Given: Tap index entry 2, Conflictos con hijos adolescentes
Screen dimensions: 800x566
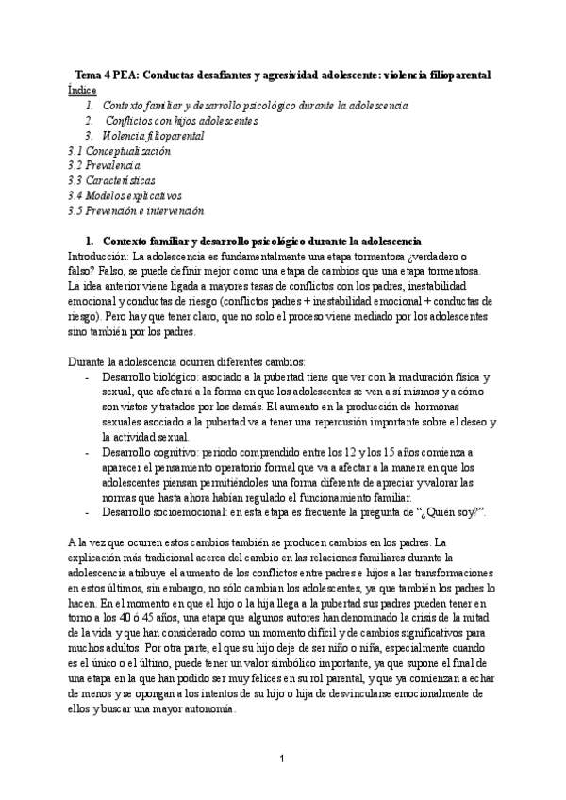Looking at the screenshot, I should pyautogui.click(x=181, y=121).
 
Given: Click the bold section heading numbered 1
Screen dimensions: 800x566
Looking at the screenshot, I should pyautogui.click(x=253, y=241).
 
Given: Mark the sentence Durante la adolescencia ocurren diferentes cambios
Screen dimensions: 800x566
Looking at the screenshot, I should pyautogui.click(x=186, y=362).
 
